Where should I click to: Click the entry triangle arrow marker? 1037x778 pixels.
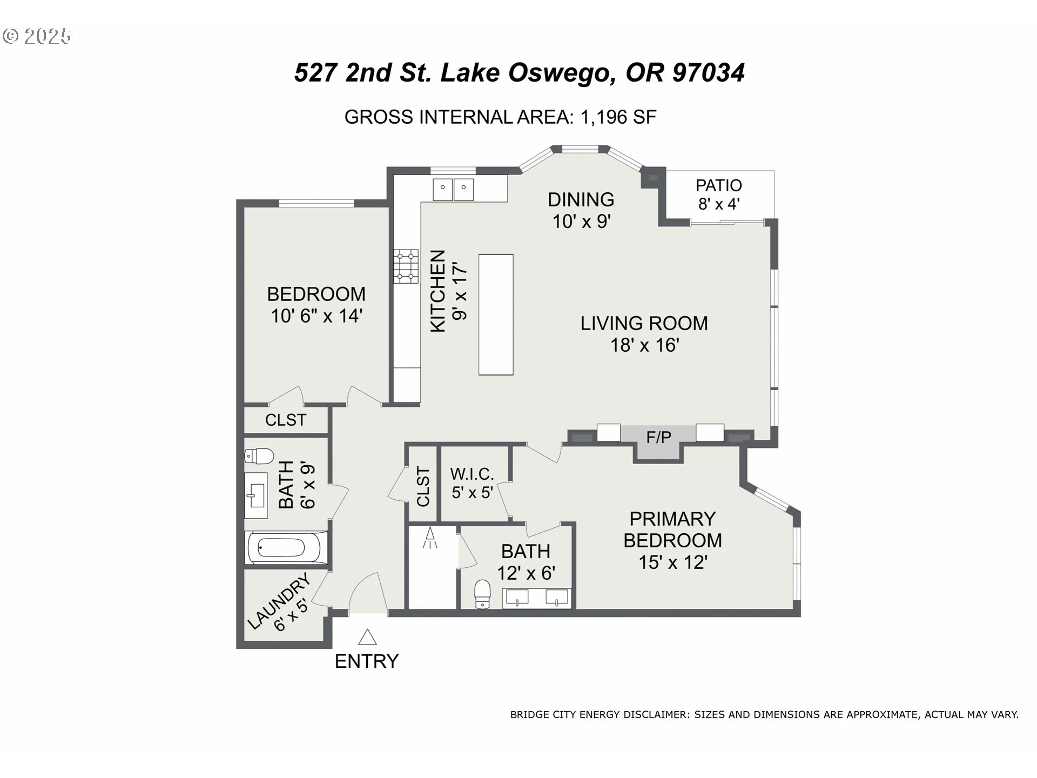(x=367, y=637)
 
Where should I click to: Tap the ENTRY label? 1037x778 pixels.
(x=367, y=661)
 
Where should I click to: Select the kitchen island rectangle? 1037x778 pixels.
(x=496, y=314)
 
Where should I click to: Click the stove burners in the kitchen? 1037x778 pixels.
(x=406, y=266)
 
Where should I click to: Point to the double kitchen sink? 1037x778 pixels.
(x=453, y=189)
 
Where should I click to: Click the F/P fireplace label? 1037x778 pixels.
(x=658, y=437)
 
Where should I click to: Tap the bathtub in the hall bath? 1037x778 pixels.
(x=286, y=548)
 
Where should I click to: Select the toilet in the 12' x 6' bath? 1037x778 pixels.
(x=482, y=594)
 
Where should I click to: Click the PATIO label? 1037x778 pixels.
(x=719, y=185)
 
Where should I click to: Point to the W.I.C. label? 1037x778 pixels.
(x=472, y=474)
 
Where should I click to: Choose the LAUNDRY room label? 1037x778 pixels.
(x=279, y=600)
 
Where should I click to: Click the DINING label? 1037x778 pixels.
(x=581, y=200)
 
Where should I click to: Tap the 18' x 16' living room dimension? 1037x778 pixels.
(x=644, y=345)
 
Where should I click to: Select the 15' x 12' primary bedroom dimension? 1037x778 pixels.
(x=673, y=562)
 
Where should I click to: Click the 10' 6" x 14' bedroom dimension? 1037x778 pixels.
(x=317, y=316)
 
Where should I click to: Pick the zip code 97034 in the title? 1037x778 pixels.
(x=709, y=73)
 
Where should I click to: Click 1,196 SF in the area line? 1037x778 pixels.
(x=618, y=117)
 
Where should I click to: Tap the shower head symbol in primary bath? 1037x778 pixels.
(x=430, y=538)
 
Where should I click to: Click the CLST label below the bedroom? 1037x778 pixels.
(x=285, y=420)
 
